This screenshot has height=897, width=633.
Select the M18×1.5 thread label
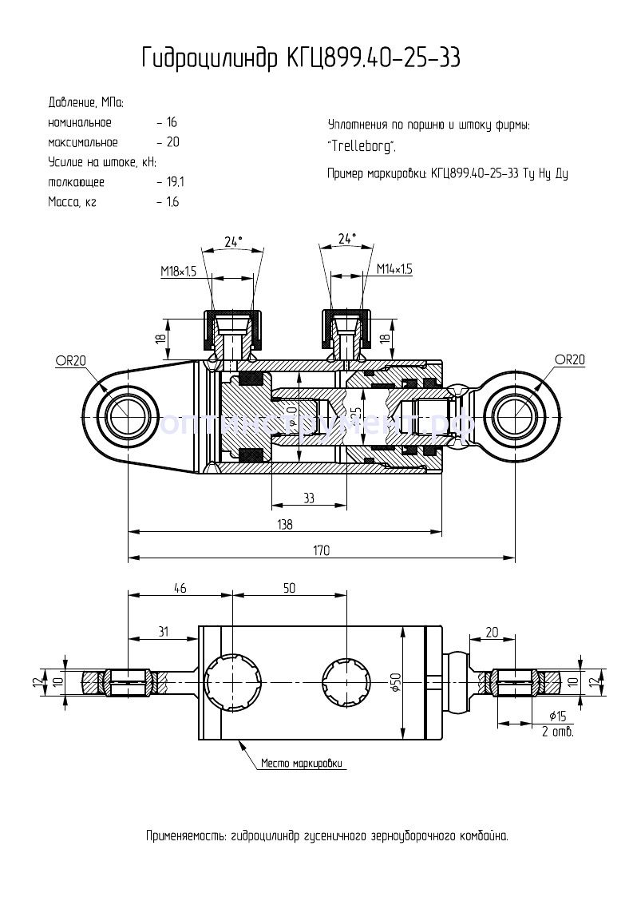pyautogui.click(x=178, y=272)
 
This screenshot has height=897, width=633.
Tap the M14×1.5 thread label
pyautogui.click(x=394, y=269)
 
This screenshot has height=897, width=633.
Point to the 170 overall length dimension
pyautogui.click(x=322, y=550)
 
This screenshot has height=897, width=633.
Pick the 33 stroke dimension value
pyautogui.click(x=309, y=498)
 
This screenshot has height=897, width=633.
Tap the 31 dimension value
pyautogui.click(x=163, y=631)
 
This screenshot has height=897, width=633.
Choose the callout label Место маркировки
pyautogui.click(x=302, y=763)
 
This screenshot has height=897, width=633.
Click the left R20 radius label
pyautogui.click(x=70, y=360)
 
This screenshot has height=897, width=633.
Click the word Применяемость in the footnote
pyautogui.click(x=185, y=836)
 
